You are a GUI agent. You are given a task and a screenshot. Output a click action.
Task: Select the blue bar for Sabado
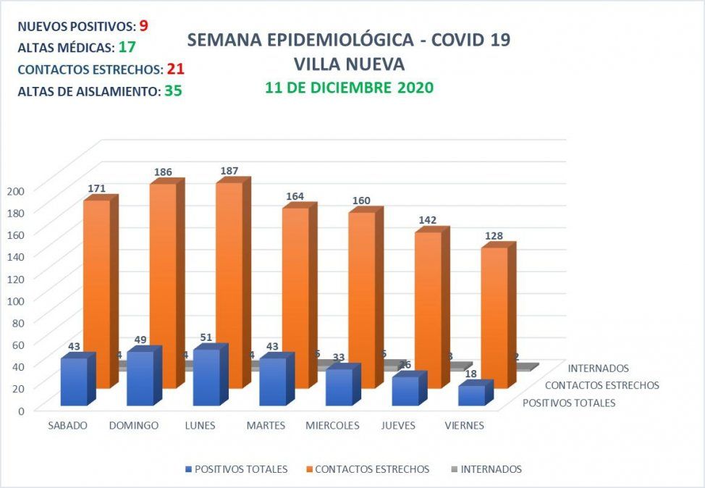click(x=74, y=381)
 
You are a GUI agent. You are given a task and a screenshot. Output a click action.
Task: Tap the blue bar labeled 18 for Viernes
click(x=471, y=395)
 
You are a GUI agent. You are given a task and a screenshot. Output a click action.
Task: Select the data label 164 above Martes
click(x=295, y=195)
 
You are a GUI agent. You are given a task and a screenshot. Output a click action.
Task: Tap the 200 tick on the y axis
click(x=16, y=190)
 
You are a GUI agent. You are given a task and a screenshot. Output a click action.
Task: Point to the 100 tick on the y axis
click(x=16, y=300)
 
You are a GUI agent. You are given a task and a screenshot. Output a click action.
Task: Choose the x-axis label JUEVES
click(x=398, y=425)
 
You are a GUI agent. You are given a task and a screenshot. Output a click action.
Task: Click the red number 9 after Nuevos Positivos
click(x=144, y=25)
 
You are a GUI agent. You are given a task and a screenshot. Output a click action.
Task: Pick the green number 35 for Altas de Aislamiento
click(x=173, y=92)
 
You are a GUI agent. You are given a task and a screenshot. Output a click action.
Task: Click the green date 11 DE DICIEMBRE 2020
click(x=349, y=88)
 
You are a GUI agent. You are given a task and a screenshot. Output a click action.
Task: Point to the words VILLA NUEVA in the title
click(x=349, y=64)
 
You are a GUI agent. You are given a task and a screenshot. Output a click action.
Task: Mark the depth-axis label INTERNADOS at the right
click(x=599, y=369)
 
